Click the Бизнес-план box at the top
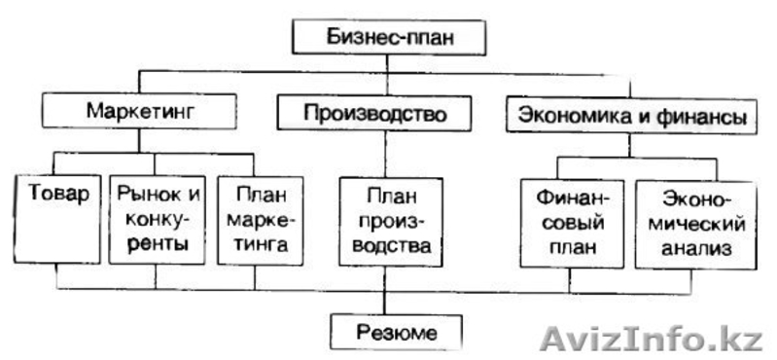tap(388, 39)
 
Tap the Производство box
tap(374, 114)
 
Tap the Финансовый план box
tap(571, 222)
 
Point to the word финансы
tap(698, 118)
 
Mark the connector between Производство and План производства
tap(385, 154)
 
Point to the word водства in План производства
tap(386, 246)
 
